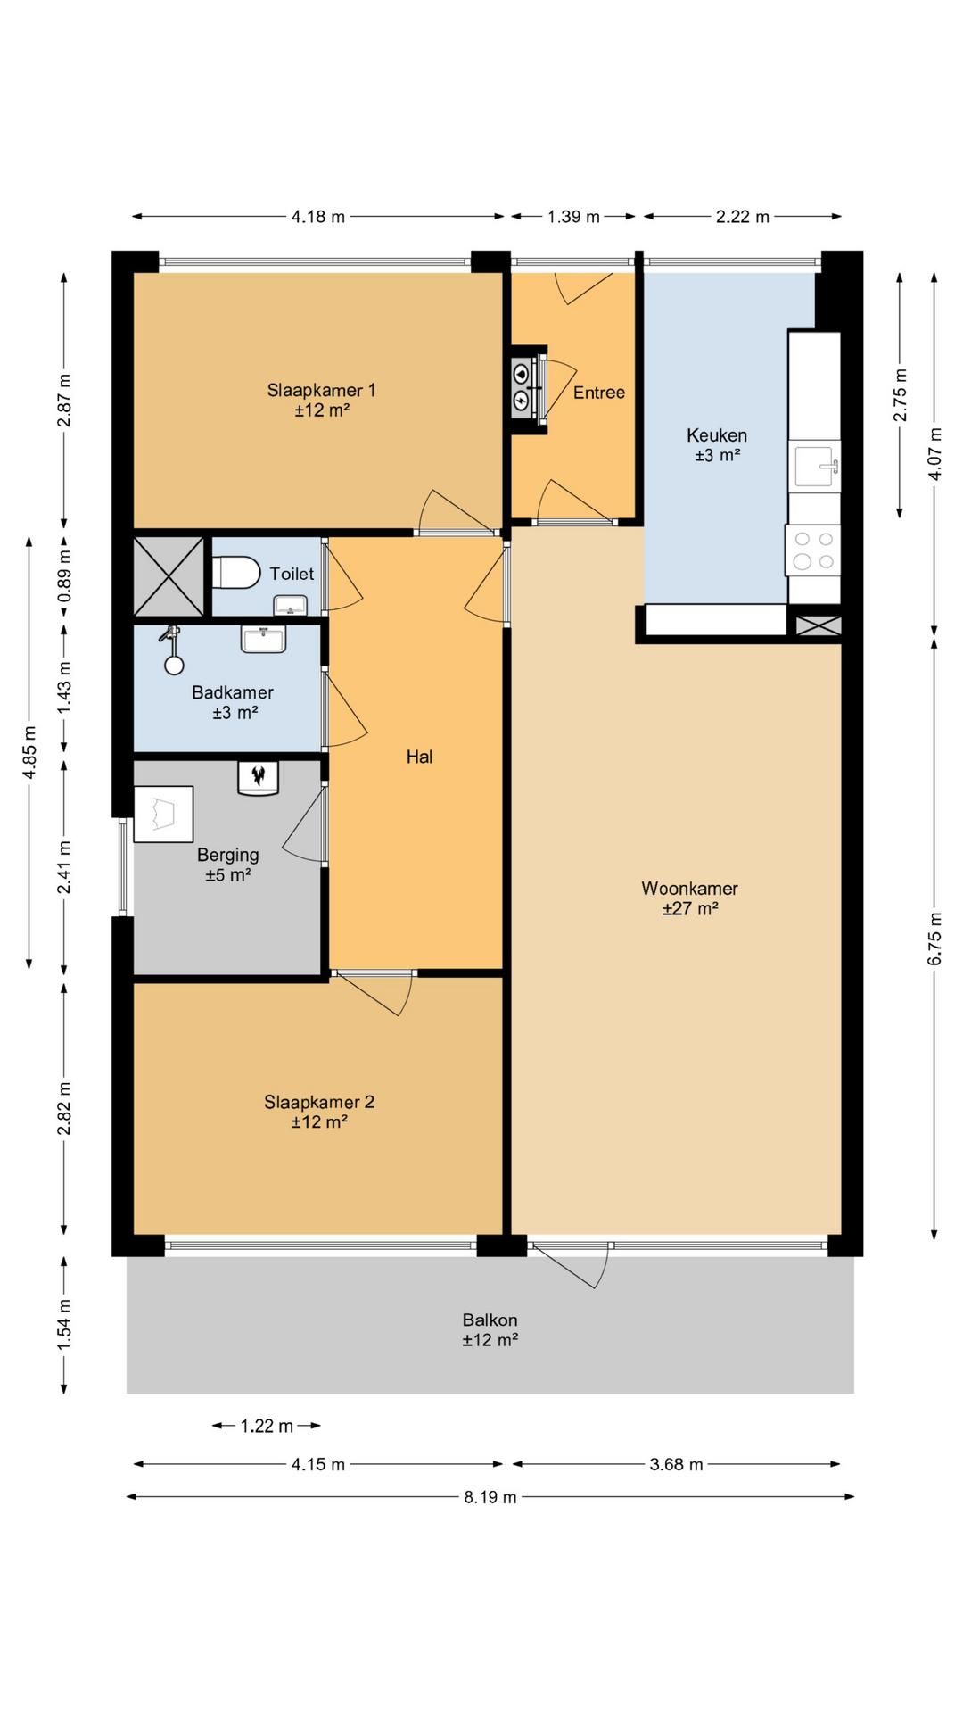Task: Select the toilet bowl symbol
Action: (x=236, y=573)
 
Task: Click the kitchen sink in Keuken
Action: (x=817, y=465)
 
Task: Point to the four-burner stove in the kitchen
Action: (x=813, y=550)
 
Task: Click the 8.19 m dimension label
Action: (x=490, y=1497)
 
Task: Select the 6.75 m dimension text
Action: (x=934, y=939)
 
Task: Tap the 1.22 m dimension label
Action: (x=267, y=1426)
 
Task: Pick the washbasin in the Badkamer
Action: (x=263, y=639)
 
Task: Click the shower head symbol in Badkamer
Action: (x=172, y=650)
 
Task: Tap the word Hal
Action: (x=419, y=757)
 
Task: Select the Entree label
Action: (x=598, y=393)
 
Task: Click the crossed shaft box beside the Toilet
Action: (x=169, y=576)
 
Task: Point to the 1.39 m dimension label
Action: (x=573, y=216)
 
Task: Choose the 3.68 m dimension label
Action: (x=676, y=1464)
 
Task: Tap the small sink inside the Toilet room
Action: (x=290, y=606)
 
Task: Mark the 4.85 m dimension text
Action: (x=29, y=753)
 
